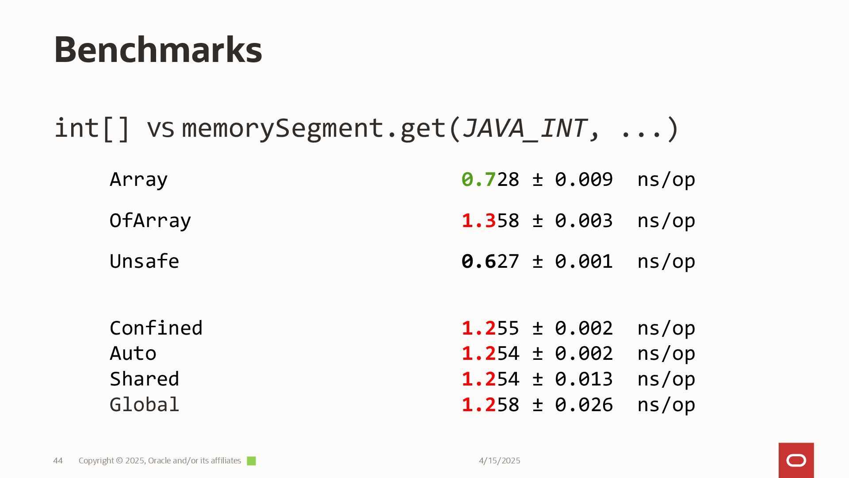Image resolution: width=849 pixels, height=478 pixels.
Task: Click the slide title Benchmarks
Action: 158,50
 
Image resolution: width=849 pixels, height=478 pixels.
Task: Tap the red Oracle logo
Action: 796,460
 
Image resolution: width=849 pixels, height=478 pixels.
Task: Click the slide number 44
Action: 58,461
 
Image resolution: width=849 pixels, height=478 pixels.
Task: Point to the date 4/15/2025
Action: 499,461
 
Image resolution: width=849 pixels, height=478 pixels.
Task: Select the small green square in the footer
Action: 251,461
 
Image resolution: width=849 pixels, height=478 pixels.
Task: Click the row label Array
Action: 138,180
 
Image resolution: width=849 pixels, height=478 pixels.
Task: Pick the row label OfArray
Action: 150,220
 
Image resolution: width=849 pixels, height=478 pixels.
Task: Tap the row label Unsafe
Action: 144,261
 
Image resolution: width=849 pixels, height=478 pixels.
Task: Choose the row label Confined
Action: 156,328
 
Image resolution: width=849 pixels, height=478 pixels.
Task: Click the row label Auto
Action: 133,353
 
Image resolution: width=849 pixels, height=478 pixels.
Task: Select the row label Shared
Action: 144,379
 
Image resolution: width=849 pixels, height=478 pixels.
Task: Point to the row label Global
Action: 144,405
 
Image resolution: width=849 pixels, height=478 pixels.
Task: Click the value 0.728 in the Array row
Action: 490,180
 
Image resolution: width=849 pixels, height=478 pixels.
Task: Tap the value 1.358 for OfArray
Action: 490,220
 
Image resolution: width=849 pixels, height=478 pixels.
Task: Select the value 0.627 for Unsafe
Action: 490,261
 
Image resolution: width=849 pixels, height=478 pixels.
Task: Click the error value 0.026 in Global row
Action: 584,405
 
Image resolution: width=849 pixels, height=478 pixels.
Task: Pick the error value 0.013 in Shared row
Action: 584,379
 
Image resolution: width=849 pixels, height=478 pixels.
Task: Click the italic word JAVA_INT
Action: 524,128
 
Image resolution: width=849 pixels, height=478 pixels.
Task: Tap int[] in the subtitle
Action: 92,128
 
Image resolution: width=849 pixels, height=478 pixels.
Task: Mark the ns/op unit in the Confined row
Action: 666,328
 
